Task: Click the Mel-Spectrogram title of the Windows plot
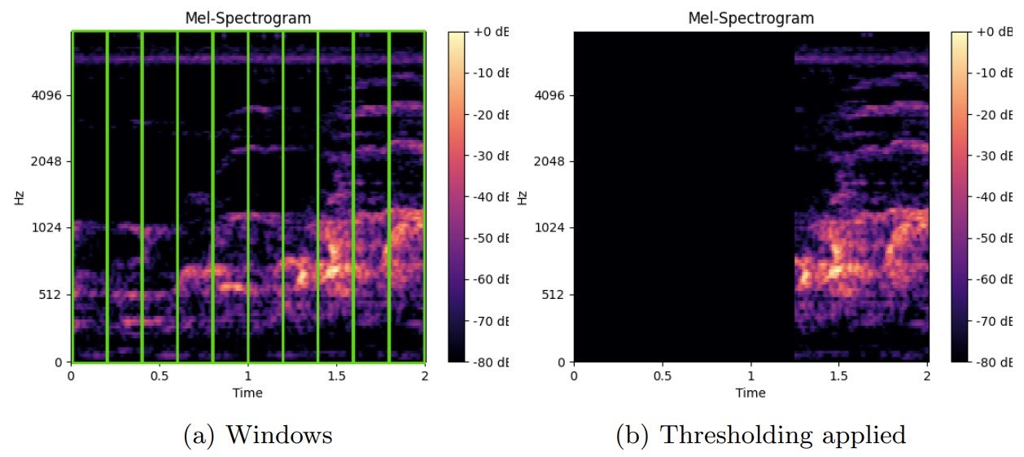click(247, 17)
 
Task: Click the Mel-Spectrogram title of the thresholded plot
click(750, 17)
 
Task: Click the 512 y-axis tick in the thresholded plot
click(557, 294)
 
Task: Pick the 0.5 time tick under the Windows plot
click(160, 376)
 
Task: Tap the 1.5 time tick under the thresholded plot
click(839, 376)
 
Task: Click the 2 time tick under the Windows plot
click(425, 376)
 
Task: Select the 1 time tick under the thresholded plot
click(750, 376)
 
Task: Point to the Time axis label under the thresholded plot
click(750, 393)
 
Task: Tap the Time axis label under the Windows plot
click(247, 393)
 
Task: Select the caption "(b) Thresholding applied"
click(761, 435)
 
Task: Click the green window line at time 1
click(247, 196)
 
